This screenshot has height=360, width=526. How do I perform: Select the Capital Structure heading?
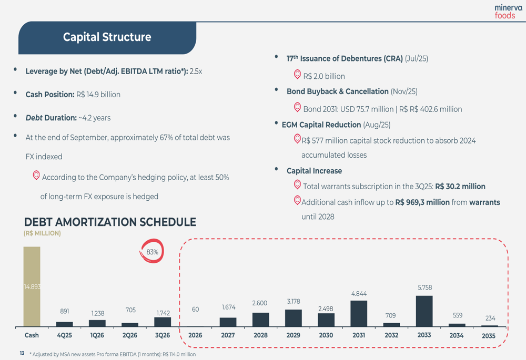click(107, 37)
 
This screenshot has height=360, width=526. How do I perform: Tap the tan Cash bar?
click(32, 286)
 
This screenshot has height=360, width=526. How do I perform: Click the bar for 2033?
click(424, 311)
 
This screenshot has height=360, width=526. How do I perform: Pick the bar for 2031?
click(359, 313)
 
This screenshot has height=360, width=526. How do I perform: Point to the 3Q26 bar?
click(163, 322)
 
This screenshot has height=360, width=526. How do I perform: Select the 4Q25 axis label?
click(64, 335)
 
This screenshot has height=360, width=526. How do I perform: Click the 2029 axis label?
click(294, 335)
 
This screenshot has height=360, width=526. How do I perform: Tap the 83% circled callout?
click(152, 252)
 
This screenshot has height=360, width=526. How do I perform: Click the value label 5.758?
click(424, 288)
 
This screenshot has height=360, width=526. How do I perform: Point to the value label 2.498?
click(326, 308)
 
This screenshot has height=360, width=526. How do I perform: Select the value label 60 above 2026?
click(195, 310)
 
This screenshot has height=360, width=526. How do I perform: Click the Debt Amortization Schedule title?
click(110, 222)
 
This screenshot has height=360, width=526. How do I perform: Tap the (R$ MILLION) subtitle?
click(42, 233)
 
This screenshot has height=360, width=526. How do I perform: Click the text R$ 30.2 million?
click(460, 187)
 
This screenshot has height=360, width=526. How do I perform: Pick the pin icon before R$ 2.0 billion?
click(297, 75)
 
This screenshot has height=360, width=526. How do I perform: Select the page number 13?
click(22, 354)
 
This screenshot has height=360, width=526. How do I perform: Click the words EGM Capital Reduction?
click(321, 125)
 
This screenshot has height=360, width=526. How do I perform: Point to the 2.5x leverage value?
click(196, 71)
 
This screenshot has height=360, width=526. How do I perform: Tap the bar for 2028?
click(260, 320)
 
